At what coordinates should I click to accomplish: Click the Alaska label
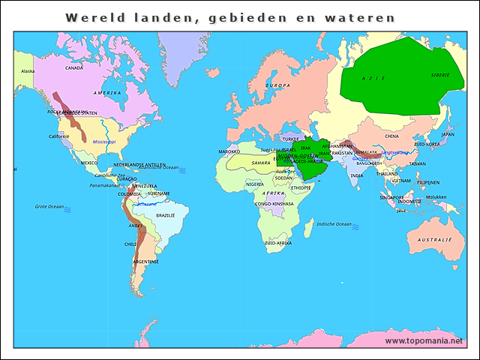[28, 71]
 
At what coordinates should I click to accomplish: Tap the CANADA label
[74, 67]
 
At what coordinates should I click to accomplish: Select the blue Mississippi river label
[104, 141]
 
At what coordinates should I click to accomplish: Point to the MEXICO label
[89, 163]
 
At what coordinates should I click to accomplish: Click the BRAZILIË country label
[165, 215]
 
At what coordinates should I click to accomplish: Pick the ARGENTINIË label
[145, 262]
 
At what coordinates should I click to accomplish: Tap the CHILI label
[130, 244]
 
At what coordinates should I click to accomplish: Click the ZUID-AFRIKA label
[278, 243]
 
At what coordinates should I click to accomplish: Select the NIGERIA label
[255, 184]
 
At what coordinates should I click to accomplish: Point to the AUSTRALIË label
[435, 239]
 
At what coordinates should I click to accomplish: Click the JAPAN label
[448, 134]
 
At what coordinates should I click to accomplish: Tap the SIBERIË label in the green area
[440, 75]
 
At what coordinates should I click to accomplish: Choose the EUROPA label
[278, 85]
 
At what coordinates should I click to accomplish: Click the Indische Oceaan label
[334, 223]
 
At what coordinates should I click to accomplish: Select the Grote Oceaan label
[50, 206]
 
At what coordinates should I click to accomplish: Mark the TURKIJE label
[290, 139]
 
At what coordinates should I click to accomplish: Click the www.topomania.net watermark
[424, 341]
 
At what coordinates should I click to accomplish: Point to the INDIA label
[357, 175]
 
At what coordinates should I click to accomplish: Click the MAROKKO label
[229, 151]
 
